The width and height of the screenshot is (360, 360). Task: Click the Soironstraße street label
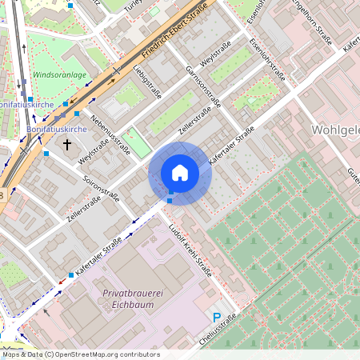pyautogui.click(x=102, y=187)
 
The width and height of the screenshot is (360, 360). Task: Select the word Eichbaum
pyautogui.click(x=128, y=305)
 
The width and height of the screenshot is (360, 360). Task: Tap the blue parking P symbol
pyautogui.click(x=216, y=318)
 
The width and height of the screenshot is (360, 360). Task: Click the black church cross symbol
pyautogui.click(x=67, y=145)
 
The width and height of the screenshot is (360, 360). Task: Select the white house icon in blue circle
pyautogui.click(x=179, y=173)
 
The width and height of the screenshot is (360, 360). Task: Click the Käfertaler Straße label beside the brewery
pyautogui.click(x=100, y=253)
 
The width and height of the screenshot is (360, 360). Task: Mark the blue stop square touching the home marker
pyautogui.click(x=170, y=193)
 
